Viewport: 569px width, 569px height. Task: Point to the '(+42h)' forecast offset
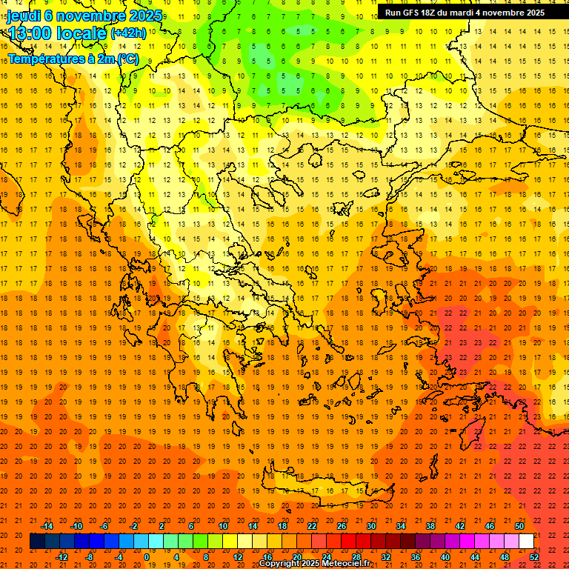click(x=128, y=33)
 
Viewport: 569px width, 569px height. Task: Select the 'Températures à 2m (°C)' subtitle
click(x=73, y=59)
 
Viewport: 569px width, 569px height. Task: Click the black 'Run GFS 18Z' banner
click(x=465, y=12)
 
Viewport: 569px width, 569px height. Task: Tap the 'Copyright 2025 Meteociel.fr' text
click(x=314, y=564)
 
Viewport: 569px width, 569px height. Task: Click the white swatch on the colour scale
click(x=526, y=542)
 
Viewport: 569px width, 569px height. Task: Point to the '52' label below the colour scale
click(x=534, y=557)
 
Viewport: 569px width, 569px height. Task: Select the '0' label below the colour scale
click(x=147, y=557)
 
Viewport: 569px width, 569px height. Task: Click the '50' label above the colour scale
click(x=519, y=526)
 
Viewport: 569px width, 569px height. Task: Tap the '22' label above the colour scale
click(x=312, y=526)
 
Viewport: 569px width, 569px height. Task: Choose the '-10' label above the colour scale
click(x=76, y=526)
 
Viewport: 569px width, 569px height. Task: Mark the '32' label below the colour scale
click(x=385, y=557)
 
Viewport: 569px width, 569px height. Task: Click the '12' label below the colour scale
click(x=238, y=557)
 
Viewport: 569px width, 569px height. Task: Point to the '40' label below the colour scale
click(x=445, y=557)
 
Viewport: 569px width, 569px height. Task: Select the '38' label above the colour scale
click(x=430, y=526)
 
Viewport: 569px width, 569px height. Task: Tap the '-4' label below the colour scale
click(x=119, y=557)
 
